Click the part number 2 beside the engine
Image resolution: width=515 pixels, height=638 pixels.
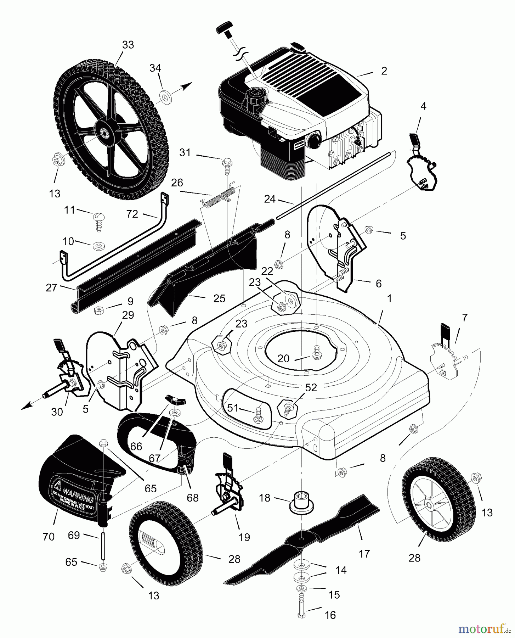pos(384,71)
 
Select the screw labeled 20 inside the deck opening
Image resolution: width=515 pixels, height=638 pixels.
pos(316,354)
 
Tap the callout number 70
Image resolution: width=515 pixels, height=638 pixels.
pos(49,537)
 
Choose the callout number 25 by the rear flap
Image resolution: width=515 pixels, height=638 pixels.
pos(219,298)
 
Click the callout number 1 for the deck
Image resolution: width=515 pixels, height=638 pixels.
pos(389,299)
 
